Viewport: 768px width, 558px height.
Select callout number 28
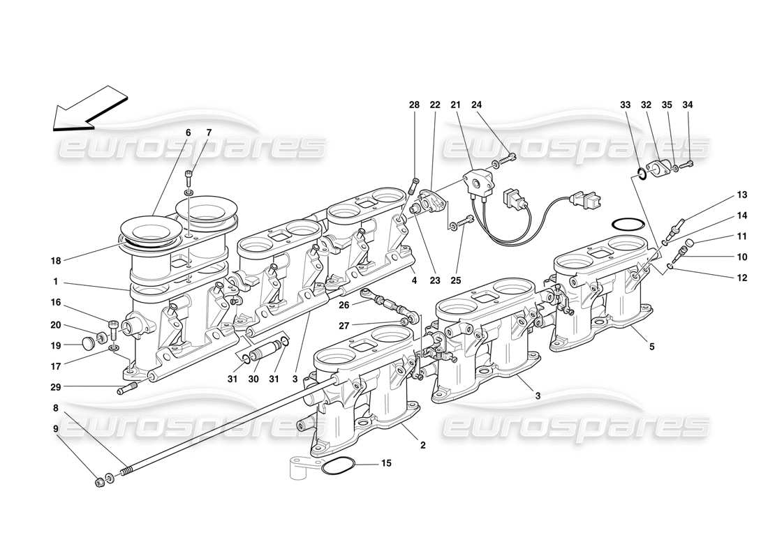tap(414, 105)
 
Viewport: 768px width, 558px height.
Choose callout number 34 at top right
tap(688, 105)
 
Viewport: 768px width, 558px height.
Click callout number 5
tap(651, 345)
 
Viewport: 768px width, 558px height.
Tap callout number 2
tap(422, 444)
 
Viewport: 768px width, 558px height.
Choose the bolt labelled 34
tap(686, 165)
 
